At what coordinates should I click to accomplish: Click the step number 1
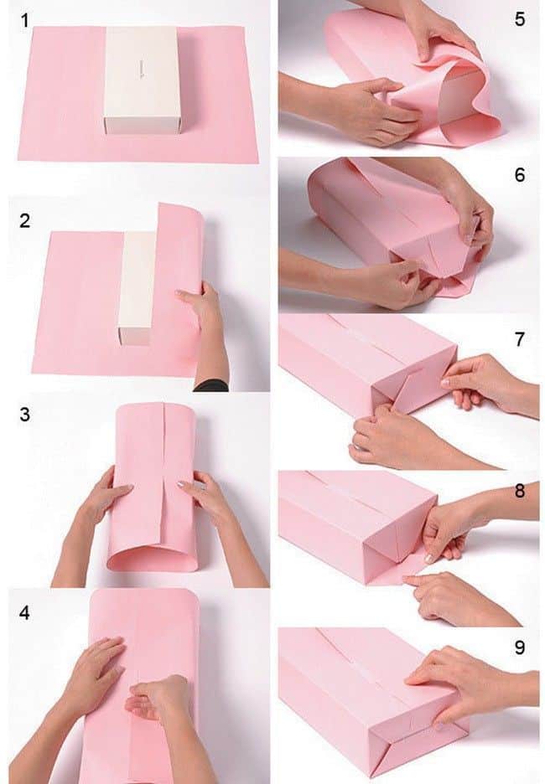point(31,19)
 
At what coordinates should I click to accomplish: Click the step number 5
point(520,18)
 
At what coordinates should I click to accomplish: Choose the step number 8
point(520,491)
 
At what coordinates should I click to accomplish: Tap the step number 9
point(520,647)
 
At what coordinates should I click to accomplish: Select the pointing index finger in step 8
point(419,578)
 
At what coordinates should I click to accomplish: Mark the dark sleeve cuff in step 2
point(210,384)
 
